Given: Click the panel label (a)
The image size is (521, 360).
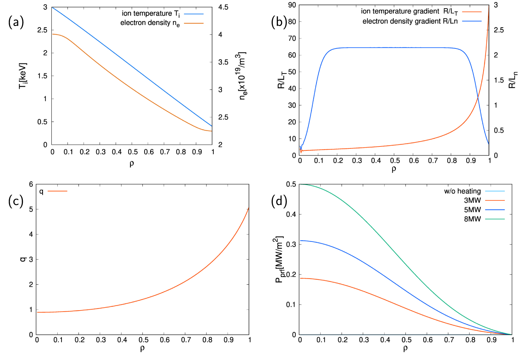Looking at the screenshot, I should click(16, 22).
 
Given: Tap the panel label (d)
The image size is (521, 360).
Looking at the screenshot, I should click(279, 201).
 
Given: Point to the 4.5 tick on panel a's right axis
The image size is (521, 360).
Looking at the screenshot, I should click(223, 7).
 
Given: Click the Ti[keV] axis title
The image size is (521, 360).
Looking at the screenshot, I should click(23, 76).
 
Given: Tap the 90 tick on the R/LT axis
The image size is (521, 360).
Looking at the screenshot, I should click(292, 5).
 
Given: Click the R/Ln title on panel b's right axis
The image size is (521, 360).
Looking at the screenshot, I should click(513, 80).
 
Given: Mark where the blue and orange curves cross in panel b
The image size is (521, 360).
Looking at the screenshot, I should click(478, 97).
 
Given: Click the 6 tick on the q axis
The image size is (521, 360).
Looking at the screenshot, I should click(31, 184).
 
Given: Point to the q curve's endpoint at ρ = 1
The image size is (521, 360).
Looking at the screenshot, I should click(249, 208).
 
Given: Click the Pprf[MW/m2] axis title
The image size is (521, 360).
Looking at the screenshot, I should click(279, 259).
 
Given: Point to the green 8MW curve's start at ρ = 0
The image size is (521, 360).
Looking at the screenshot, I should click(300, 184).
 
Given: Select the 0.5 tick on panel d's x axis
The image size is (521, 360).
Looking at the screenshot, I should click(406, 340).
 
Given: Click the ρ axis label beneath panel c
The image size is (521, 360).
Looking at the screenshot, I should click(142, 348).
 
